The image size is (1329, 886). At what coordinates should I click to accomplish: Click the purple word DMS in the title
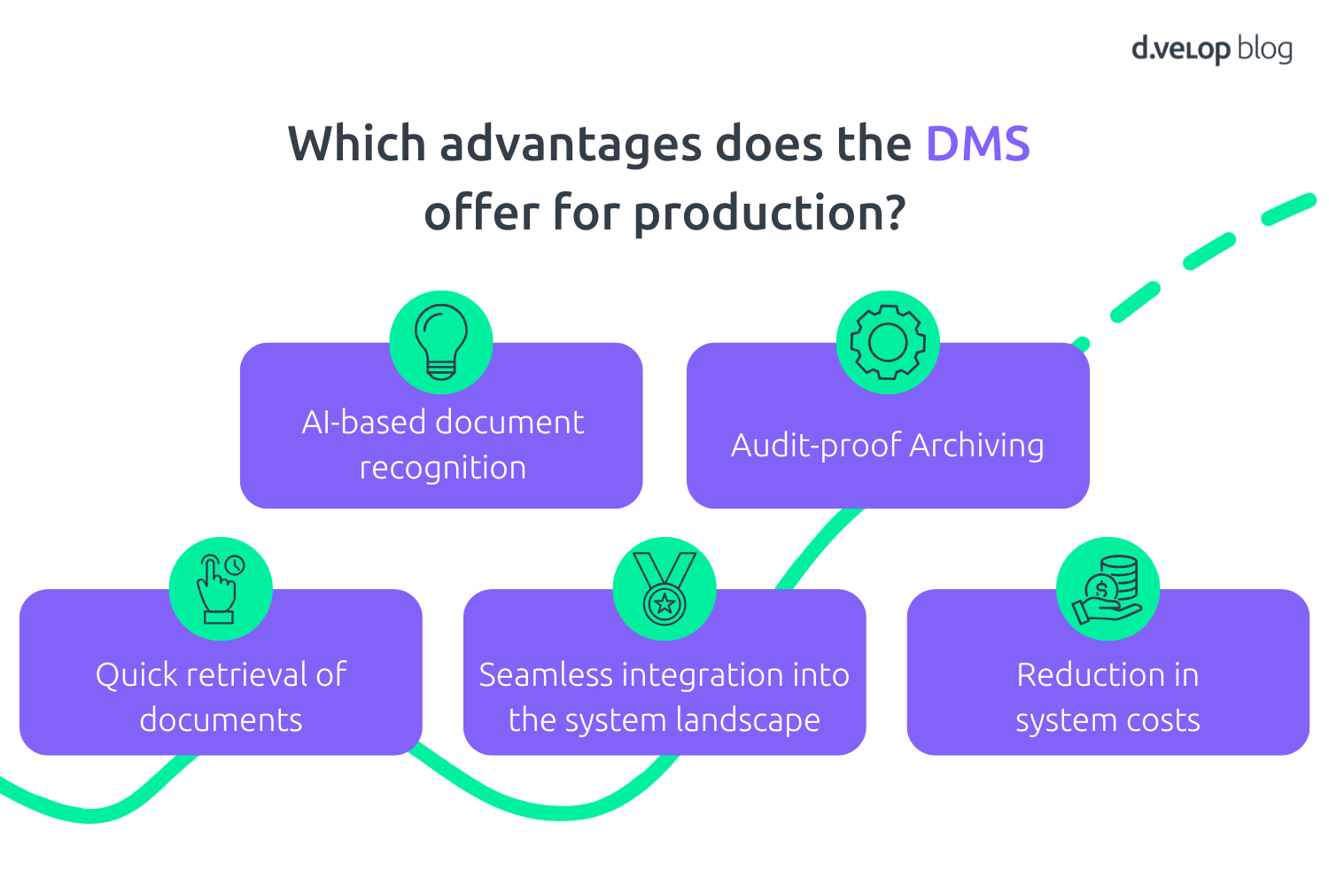click(x=977, y=144)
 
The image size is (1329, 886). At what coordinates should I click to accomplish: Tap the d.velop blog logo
click(x=1211, y=49)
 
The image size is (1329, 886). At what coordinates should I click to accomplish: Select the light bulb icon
click(x=441, y=342)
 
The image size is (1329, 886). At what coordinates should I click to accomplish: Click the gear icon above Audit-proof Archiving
click(x=888, y=342)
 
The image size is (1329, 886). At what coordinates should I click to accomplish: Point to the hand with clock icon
click(x=221, y=588)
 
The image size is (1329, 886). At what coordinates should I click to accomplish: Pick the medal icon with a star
click(x=664, y=588)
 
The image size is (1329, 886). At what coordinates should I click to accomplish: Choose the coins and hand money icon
click(x=1107, y=588)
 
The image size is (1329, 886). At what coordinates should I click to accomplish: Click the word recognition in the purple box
click(x=442, y=468)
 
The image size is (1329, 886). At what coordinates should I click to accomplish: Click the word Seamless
click(x=545, y=675)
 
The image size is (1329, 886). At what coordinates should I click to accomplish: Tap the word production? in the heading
click(x=770, y=214)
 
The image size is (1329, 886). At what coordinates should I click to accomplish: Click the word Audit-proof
click(x=815, y=445)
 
